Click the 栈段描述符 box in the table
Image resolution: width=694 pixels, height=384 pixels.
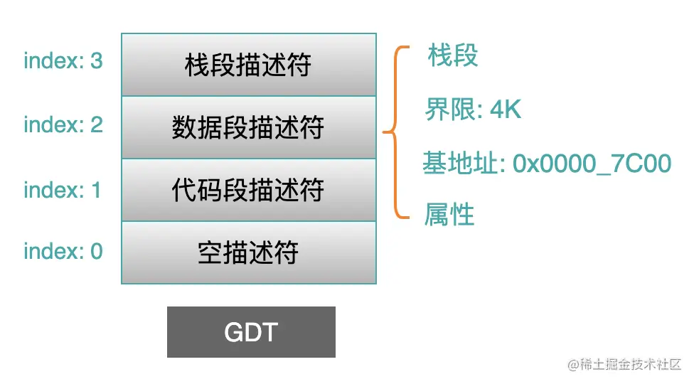click(x=248, y=65)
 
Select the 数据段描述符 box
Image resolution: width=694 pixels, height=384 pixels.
click(x=248, y=127)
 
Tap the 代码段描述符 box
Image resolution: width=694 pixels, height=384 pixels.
click(x=248, y=190)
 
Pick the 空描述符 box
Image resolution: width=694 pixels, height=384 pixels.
click(x=248, y=252)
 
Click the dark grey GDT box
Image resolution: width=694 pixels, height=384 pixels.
click(x=251, y=332)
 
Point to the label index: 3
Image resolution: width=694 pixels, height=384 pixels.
click(x=63, y=61)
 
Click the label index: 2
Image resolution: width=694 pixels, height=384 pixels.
click(x=63, y=125)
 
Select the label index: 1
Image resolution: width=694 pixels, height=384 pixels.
click(x=63, y=190)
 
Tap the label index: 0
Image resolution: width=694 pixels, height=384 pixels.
click(x=63, y=251)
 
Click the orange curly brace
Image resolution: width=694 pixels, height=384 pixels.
click(x=395, y=132)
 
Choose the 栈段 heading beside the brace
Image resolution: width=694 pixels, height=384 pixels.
click(x=453, y=55)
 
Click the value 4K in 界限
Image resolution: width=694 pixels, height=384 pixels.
click(x=506, y=110)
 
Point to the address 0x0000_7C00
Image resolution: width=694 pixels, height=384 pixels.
click(x=592, y=164)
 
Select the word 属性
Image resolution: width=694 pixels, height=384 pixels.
click(x=449, y=214)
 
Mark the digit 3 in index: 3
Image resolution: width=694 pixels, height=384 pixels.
click(x=96, y=61)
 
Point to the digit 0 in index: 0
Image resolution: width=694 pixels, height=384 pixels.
click(x=96, y=251)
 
